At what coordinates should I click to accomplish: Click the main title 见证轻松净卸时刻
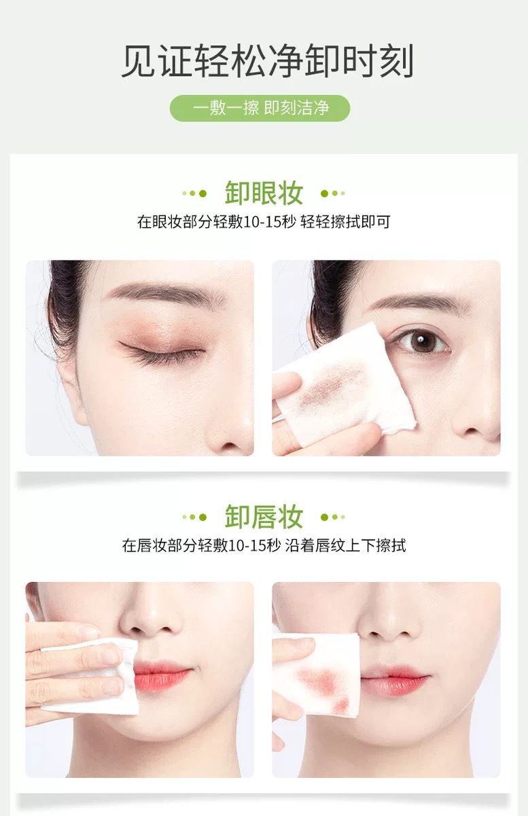pyautogui.click(x=267, y=61)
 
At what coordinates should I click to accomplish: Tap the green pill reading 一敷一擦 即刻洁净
pyautogui.click(x=260, y=108)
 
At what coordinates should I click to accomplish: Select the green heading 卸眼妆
pyautogui.click(x=264, y=192)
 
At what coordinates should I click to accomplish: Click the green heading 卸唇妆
pyautogui.click(x=264, y=516)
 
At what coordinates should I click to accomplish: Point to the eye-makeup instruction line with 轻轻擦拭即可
pyautogui.click(x=264, y=222)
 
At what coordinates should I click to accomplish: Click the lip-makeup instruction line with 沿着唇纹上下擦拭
pyautogui.click(x=264, y=545)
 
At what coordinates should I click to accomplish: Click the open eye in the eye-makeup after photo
pyautogui.click(x=421, y=341)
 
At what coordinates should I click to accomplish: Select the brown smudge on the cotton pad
pyautogui.click(x=330, y=385)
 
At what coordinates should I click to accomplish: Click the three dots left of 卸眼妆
pyautogui.click(x=194, y=193)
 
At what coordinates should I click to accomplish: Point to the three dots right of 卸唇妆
pyautogui.click(x=333, y=517)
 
